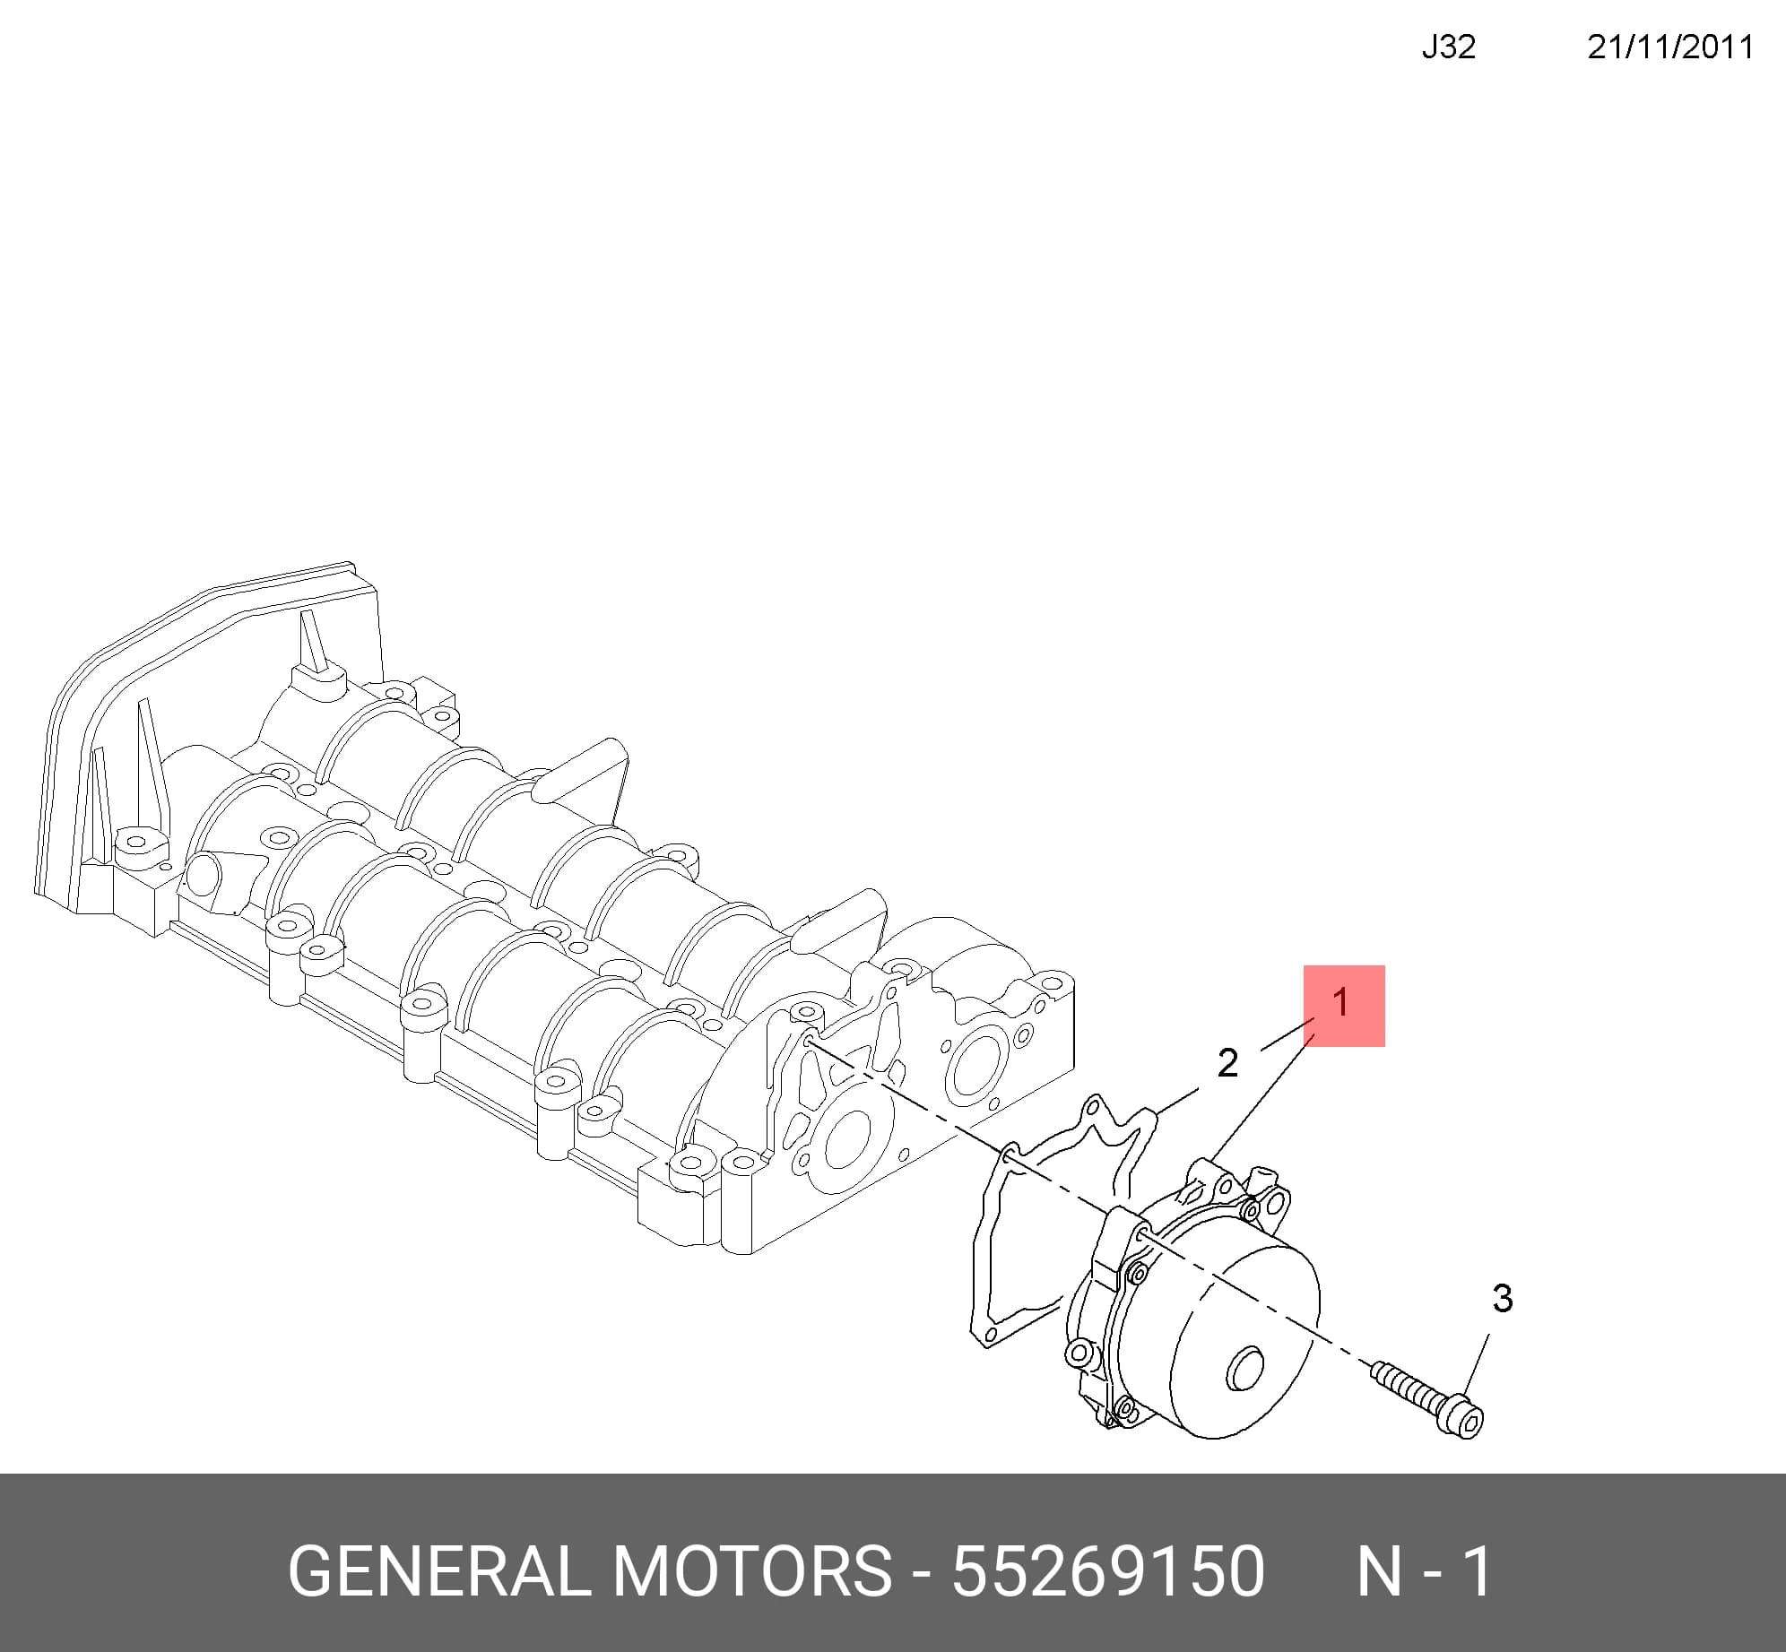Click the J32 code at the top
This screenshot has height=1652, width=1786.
[1448, 47]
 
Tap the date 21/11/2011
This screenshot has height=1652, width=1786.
[1670, 47]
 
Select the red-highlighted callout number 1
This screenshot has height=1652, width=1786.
[1342, 1002]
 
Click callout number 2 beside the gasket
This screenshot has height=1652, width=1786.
[1227, 1063]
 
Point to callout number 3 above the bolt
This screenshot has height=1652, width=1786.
[1503, 1298]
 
